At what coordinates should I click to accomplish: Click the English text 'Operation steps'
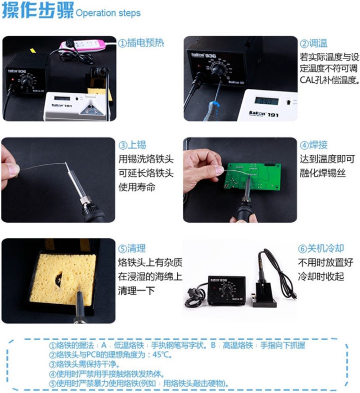click(108, 13)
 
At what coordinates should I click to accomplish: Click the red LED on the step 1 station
click(13, 79)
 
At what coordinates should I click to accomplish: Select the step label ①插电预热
click(141, 43)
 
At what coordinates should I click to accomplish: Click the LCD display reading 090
click(267, 101)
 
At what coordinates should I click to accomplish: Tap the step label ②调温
click(314, 43)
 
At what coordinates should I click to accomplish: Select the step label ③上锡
click(132, 145)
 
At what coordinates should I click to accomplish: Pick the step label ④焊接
click(314, 145)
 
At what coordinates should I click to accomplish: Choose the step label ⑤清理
click(132, 248)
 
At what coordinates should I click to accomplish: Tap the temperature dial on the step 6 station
click(227, 290)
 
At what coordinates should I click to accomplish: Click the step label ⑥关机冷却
click(321, 248)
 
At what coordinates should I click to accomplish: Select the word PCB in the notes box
click(93, 355)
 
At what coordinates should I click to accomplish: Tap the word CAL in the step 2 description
click(306, 80)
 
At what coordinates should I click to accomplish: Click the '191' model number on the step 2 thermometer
click(273, 115)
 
